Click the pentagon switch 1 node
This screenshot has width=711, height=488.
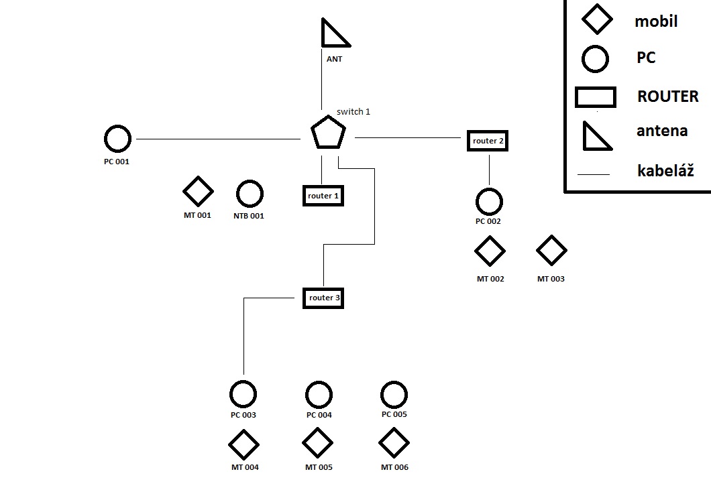329,133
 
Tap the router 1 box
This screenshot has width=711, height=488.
323,196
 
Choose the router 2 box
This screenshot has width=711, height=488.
488,141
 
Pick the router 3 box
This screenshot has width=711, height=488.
323,297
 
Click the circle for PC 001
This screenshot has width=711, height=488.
117,139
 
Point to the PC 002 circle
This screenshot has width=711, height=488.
489,201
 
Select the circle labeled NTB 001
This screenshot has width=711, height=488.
249,194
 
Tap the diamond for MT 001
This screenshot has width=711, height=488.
198,192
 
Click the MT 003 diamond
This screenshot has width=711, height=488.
551,251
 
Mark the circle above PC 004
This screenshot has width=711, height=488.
319,395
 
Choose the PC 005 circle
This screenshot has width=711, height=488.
394,395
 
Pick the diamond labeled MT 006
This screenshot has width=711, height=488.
394,443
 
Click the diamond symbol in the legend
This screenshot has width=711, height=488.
596,19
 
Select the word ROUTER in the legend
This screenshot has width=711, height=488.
667,97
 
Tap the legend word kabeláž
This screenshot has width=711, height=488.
665,171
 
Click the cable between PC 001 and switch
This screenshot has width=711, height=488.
218,139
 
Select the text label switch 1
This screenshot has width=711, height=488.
353,112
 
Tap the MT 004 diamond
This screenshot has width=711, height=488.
243,444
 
